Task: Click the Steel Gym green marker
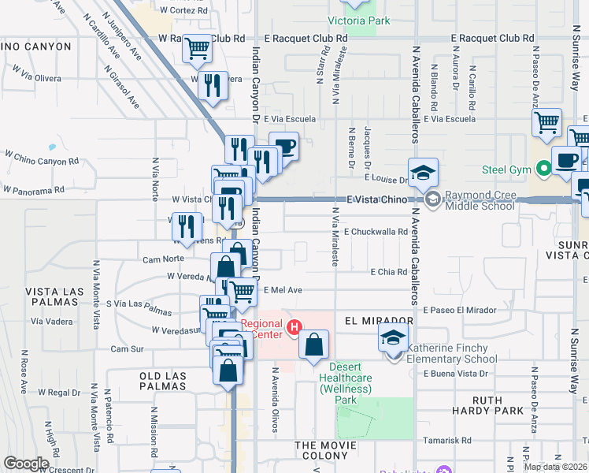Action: point(543,168)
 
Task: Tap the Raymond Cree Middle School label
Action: point(479,200)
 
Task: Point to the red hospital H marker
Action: point(295,326)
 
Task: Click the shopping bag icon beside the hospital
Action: point(313,345)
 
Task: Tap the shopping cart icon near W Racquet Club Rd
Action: point(197,50)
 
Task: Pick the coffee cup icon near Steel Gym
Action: point(566,160)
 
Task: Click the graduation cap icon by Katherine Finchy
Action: point(392,338)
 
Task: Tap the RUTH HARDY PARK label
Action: point(487,405)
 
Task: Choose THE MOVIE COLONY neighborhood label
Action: point(332,446)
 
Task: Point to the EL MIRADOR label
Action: point(379,321)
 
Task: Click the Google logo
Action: point(26,464)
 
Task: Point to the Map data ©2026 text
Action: point(555,467)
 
